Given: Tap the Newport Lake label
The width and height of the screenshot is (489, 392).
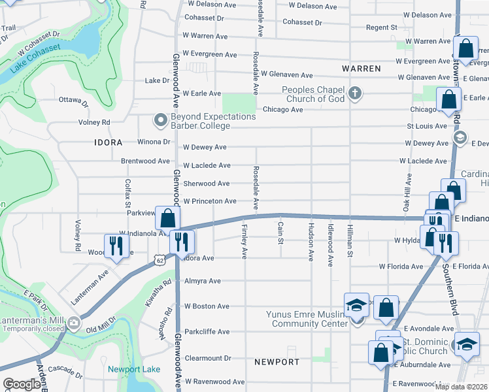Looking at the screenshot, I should (134, 370).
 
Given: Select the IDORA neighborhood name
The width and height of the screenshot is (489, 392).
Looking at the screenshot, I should (108, 142).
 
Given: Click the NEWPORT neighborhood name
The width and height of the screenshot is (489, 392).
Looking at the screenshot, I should (277, 362).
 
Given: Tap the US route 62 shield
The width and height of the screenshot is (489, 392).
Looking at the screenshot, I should (160, 260).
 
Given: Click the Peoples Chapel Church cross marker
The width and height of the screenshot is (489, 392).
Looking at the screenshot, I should (355, 92).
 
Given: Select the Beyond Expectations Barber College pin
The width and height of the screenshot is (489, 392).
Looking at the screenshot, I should (160, 120).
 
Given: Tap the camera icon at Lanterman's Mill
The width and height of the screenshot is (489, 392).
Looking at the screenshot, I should (74, 322).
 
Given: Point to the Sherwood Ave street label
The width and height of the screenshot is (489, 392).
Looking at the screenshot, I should (206, 184).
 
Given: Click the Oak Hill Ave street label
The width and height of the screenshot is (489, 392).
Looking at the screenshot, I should (408, 191).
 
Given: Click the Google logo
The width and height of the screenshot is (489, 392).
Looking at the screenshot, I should (22, 384).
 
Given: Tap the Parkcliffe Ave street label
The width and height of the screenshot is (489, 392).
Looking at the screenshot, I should (207, 332).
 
